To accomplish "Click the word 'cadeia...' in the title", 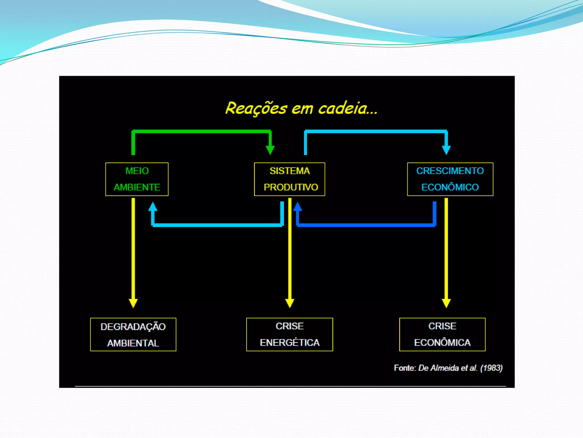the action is [x=348, y=108].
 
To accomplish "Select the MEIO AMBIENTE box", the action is [x=137, y=179].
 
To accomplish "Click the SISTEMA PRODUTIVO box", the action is [x=290, y=179].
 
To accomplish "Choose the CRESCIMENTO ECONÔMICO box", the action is [x=450, y=179].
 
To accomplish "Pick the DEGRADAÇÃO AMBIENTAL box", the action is [x=133, y=334].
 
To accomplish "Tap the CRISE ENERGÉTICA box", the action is [x=290, y=334].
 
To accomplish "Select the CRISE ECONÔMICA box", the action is [x=442, y=334].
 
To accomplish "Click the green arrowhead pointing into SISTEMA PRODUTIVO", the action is [x=270, y=150].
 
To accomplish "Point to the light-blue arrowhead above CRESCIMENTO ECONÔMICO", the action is [x=446, y=150].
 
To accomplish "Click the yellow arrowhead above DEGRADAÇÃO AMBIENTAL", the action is [x=133, y=303].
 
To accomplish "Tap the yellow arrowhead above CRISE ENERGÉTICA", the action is [x=290, y=303].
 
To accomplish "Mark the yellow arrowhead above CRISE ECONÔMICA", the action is [x=446, y=303].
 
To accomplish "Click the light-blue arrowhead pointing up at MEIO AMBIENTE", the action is [x=153, y=207].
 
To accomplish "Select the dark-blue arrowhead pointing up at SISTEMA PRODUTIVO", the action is [x=298, y=207].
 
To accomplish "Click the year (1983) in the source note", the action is [x=491, y=368].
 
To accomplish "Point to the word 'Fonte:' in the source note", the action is [x=405, y=368].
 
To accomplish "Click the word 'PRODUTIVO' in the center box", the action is [x=291, y=187].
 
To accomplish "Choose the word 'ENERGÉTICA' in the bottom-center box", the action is [x=290, y=342].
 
